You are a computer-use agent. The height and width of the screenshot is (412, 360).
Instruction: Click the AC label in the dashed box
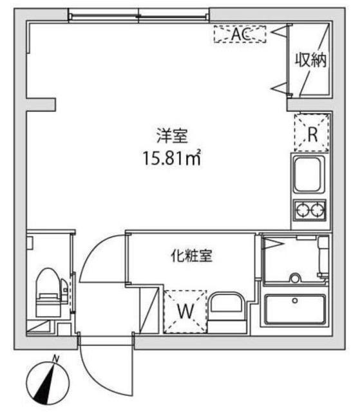point(240,35)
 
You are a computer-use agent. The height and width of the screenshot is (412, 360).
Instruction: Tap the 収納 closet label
point(311,61)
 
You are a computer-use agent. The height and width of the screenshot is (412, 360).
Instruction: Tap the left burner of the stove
point(302,209)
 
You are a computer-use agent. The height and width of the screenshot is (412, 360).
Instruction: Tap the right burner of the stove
point(318,209)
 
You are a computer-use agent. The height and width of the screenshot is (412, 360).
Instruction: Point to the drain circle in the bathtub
point(296,300)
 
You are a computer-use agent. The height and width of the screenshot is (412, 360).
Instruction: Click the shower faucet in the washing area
point(296,279)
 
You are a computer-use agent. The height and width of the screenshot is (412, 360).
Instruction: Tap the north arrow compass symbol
point(48,382)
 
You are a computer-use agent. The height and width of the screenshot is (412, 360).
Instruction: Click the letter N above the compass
point(56,359)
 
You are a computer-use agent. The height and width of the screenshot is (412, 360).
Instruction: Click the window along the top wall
point(138,14)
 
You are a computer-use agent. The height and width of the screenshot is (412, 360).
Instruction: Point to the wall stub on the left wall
point(41,103)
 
